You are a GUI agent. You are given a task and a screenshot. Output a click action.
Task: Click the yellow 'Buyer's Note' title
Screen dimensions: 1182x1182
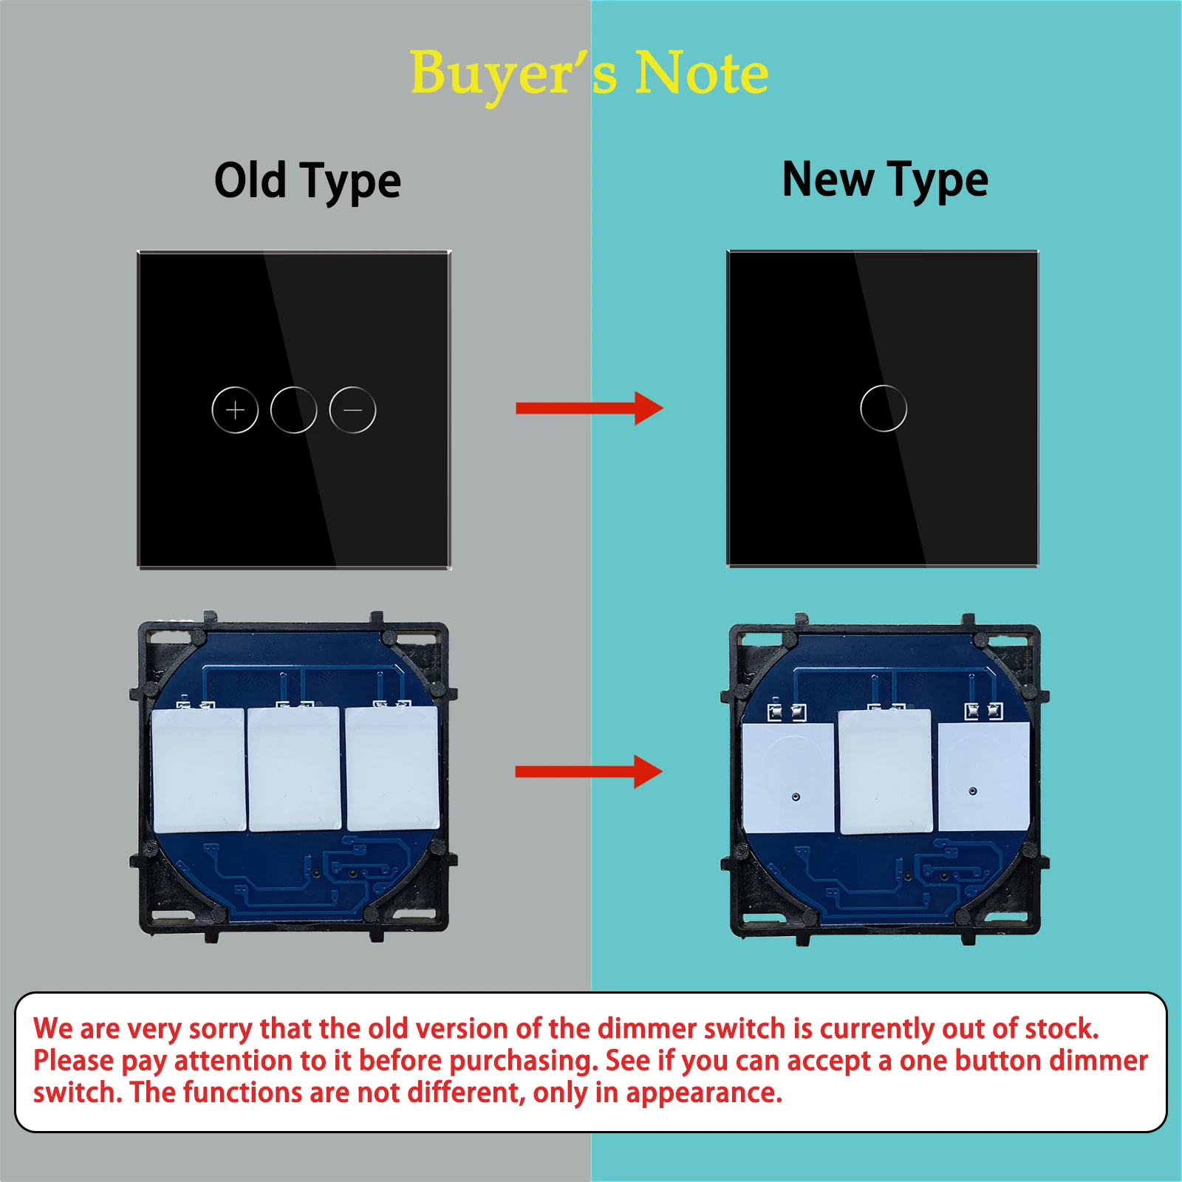pyautogui.click(x=590, y=74)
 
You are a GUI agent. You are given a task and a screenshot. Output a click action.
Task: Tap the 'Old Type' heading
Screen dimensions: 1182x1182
pyautogui.click(x=307, y=181)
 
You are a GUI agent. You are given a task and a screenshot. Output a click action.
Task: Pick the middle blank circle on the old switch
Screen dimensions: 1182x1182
pyautogui.click(x=293, y=386)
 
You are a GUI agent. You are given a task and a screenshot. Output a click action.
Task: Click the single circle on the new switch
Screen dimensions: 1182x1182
pyautogui.click(x=883, y=385)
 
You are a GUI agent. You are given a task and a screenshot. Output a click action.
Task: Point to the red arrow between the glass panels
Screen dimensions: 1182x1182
pyautogui.click(x=590, y=409)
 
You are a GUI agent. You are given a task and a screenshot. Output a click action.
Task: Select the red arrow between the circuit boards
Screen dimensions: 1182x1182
pyautogui.click(x=589, y=772)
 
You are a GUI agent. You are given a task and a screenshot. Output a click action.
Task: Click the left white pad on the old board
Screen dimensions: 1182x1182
pyautogui.click(x=199, y=770)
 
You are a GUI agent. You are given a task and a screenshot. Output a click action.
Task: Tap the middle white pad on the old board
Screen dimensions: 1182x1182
pyautogui.click(x=295, y=769)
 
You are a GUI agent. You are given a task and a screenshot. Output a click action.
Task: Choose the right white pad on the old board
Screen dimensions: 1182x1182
pyautogui.click(x=393, y=768)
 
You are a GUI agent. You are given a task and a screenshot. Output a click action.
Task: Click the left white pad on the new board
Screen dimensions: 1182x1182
pyautogui.click(x=788, y=777)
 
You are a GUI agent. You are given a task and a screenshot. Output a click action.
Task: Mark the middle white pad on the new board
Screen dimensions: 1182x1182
pyautogui.click(x=885, y=772)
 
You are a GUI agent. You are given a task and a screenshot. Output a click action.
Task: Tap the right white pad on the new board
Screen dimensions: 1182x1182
pyautogui.click(x=984, y=776)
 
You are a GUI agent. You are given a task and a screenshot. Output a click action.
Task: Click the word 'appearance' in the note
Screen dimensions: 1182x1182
pyautogui.click(x=703, y=1093)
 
